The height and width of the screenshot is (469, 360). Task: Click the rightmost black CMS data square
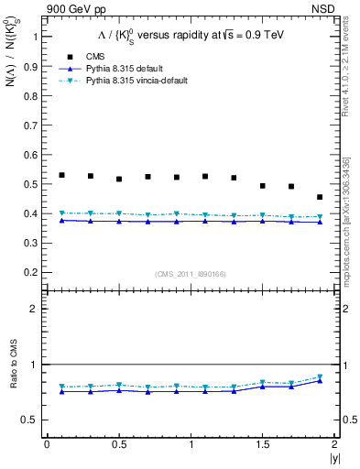[320, 197]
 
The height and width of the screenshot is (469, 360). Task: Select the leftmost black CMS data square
[61, 175]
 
